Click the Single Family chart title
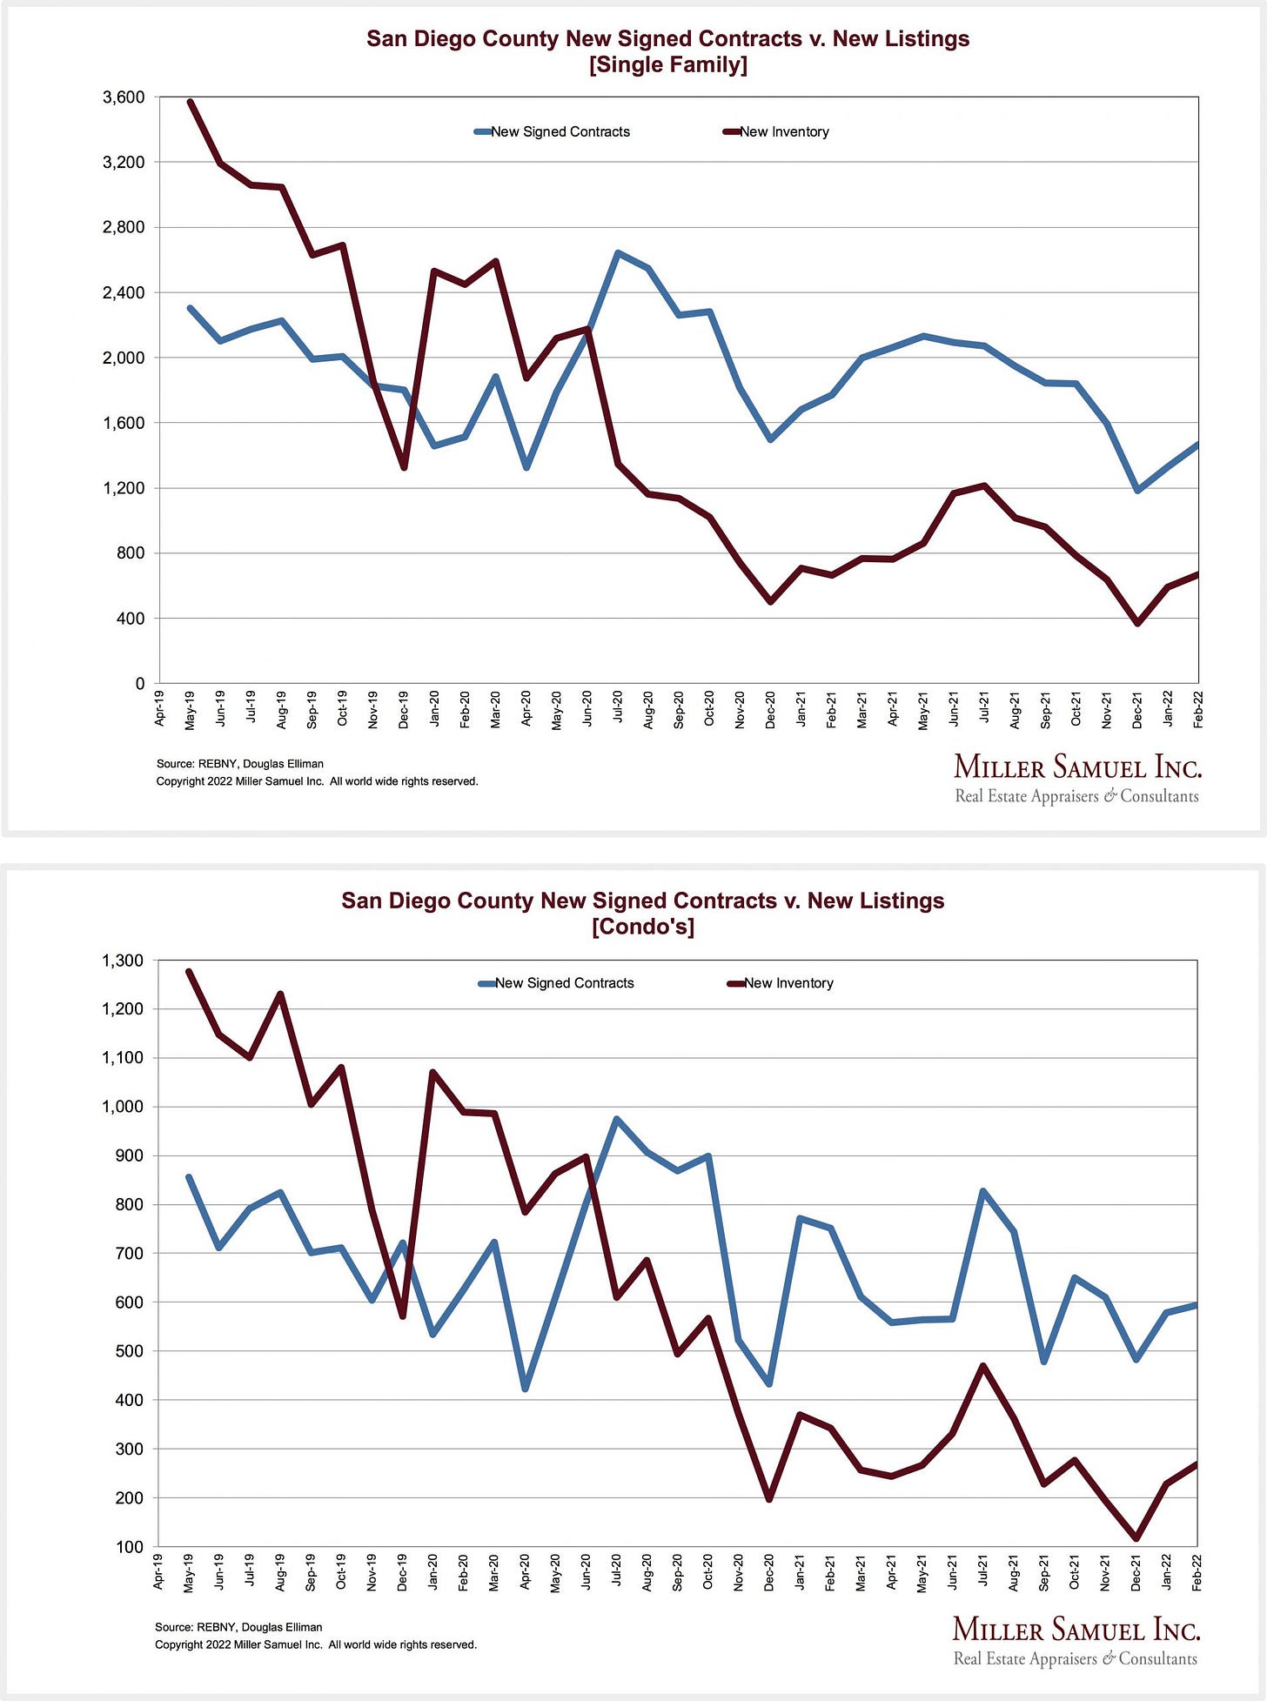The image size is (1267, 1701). [667, 51]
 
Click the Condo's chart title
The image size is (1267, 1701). [642, 913]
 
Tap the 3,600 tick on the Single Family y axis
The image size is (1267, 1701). [124, 97]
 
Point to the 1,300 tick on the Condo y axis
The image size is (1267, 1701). [122, 961]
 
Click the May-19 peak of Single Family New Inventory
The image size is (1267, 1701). [191, 102]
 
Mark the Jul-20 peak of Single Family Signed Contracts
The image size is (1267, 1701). [617, 253]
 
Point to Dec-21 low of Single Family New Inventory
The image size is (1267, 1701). [1137, 623]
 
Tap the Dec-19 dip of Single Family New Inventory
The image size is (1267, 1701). [404, 467]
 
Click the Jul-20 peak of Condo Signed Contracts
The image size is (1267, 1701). [616, 1119]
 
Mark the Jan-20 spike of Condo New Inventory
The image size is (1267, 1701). [432, 1073]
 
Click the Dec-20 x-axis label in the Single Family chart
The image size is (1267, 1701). [770, 709]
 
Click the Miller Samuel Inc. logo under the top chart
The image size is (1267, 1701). [1076, 779]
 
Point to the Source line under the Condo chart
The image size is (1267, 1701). [238, 1627]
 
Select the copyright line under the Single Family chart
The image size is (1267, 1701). [317, 781]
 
